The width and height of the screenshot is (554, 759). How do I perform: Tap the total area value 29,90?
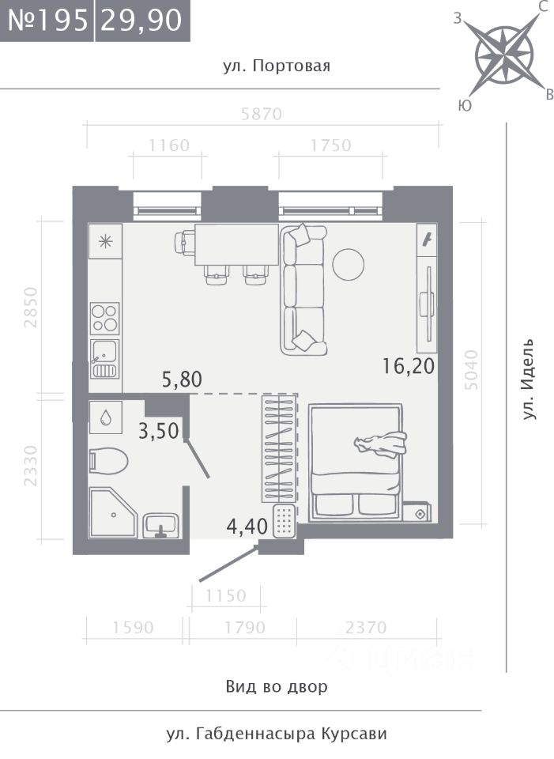(141, 21)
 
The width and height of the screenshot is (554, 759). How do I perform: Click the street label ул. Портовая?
(277, 66)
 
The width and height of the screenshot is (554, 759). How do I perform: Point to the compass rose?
(503, 55)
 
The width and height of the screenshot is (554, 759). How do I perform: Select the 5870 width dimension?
(262, 114)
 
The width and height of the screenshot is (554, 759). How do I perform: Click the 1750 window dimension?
(330, 145)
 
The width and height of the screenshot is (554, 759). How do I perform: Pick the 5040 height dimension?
(470, 370)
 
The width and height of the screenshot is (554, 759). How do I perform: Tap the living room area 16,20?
(409, 365)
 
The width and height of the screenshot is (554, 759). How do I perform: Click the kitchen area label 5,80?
(182, 379)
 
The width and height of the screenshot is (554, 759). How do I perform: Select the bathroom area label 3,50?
(159, 430)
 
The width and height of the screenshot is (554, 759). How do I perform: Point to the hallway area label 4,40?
(247, 527)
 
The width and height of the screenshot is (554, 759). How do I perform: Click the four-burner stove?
(105, 319)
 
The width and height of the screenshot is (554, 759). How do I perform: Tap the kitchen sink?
(104, 358)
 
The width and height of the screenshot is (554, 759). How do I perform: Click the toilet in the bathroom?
(108, 461)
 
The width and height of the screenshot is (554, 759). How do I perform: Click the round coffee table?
(349, 264)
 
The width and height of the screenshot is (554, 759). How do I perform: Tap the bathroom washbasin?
(161, 525)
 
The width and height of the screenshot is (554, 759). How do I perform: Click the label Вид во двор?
(277, 686)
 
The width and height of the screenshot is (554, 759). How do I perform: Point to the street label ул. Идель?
(530, 379)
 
